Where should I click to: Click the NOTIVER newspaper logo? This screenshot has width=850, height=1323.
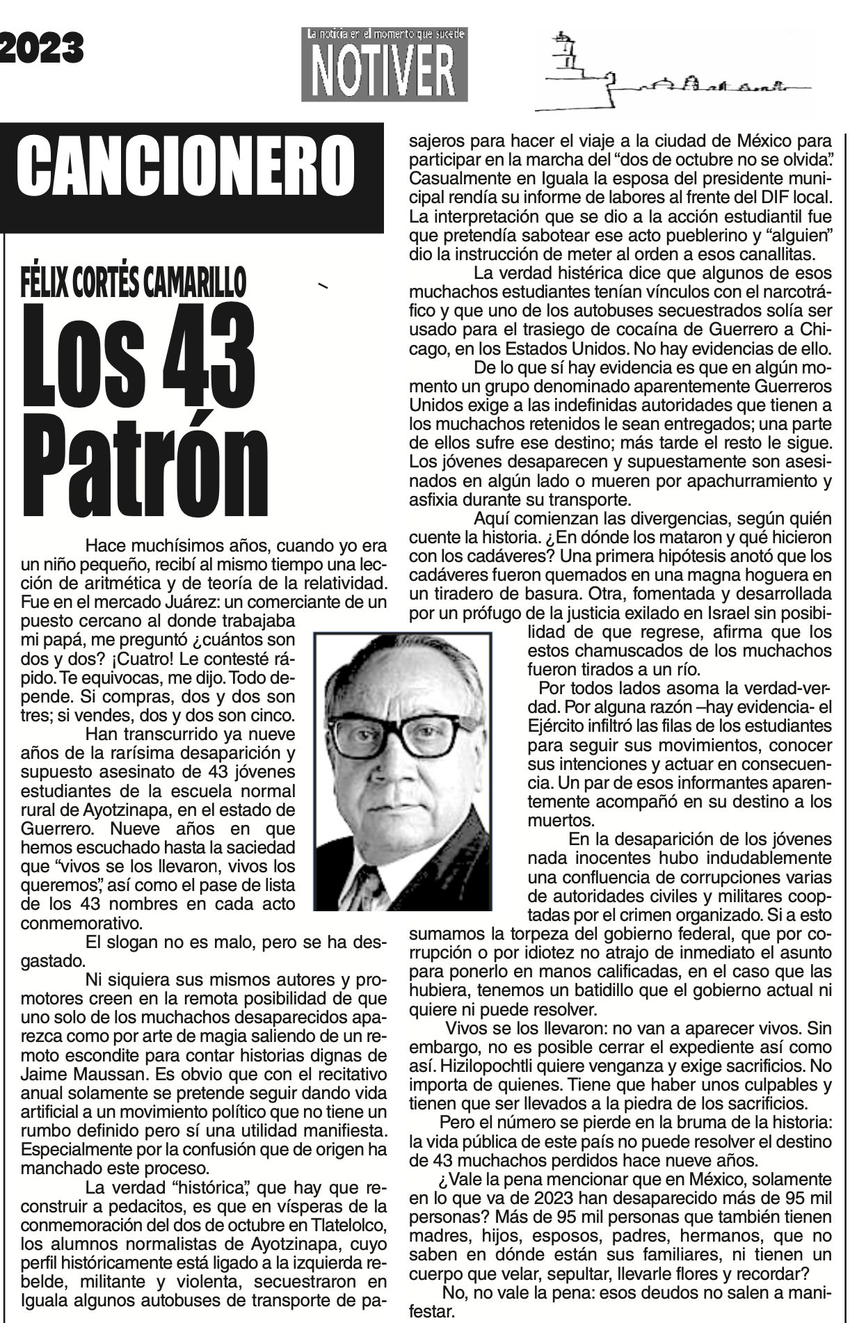pos(384,65)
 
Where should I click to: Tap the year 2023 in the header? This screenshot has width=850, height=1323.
pos(42,49)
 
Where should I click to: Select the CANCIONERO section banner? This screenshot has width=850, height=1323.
pos(186,167)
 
